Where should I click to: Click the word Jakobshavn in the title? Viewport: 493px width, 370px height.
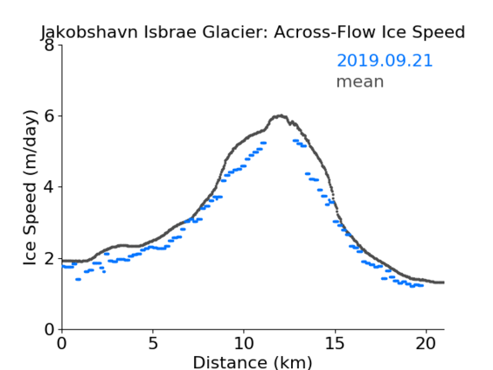pyautogui.click(x=89, y=32)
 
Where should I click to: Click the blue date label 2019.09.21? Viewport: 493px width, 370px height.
pyautogui.click(x=385, y=61)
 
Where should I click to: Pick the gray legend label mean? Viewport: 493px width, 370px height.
pyautogui.click(x=360, y=81)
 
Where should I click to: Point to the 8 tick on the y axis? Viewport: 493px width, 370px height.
pyautogui.click(x=49, y=45)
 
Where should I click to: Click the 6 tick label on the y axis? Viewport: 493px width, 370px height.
pyautogui.click(x=49, y=116)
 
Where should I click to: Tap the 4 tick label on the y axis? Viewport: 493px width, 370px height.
pyautogui.click(x=49, y=187)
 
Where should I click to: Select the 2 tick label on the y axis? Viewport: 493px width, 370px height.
pyautogui.click(x=49, y=258)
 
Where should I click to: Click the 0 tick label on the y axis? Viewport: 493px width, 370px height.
pyautogui.click(x=49, y=329)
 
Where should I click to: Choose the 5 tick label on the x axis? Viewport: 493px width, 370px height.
pyautogui.click(x=152, y=343)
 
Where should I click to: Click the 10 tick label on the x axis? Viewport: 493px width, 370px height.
pyautogui.click(x=244, y=343)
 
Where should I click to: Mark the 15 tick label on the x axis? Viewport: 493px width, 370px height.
pyautogui.click(x=334, y=343)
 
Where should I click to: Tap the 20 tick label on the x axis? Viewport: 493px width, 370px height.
pyautogui.click(x=426, y=343)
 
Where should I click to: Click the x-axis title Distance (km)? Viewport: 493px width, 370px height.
pyautogui.click(x=252, y=362)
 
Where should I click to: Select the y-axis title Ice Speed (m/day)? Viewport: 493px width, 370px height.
pyautogui.click(x=30, y=187)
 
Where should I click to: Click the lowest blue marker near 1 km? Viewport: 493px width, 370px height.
pyautogui.click(x=78, y=279)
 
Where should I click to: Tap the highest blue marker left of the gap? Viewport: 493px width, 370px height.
pyautogui.click(x=263, y=143)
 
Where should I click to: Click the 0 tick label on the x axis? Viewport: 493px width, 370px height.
pyautogui.click(x=62, y=343)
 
